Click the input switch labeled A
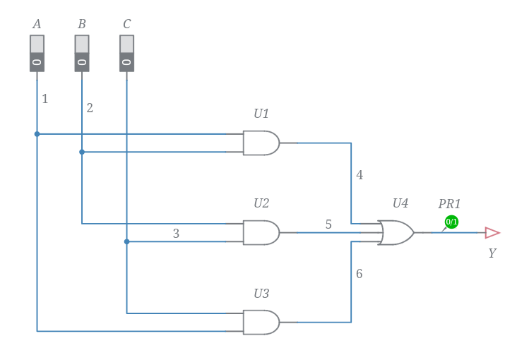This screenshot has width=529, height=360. [x=37, y=54]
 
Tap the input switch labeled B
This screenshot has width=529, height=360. [x=82, y=54]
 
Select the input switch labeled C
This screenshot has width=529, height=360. [x=126, y=54]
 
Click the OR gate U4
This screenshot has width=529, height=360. [x=396, y=232]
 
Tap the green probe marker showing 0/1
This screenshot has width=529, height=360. [x=451, y=222]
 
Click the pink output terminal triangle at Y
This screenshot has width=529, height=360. [x=492, y=233]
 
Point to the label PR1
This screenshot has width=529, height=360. [x=449, y=204]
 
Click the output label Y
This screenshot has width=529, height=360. [x=492, y=253]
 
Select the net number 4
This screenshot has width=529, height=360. [x=359, y=175]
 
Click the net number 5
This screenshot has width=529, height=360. [x=328, y=224]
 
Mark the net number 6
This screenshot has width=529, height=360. [x=359, y=273]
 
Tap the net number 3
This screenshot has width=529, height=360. [x=176, y=234]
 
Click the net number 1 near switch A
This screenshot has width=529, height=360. [x=45, y=99]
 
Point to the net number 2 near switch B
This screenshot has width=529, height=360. [x=90, y=108]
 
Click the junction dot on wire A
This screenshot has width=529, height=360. [x=37, y=133]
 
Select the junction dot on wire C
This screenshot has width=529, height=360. [x=127, y=241]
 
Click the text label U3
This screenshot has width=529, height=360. [x=261, y=293]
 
